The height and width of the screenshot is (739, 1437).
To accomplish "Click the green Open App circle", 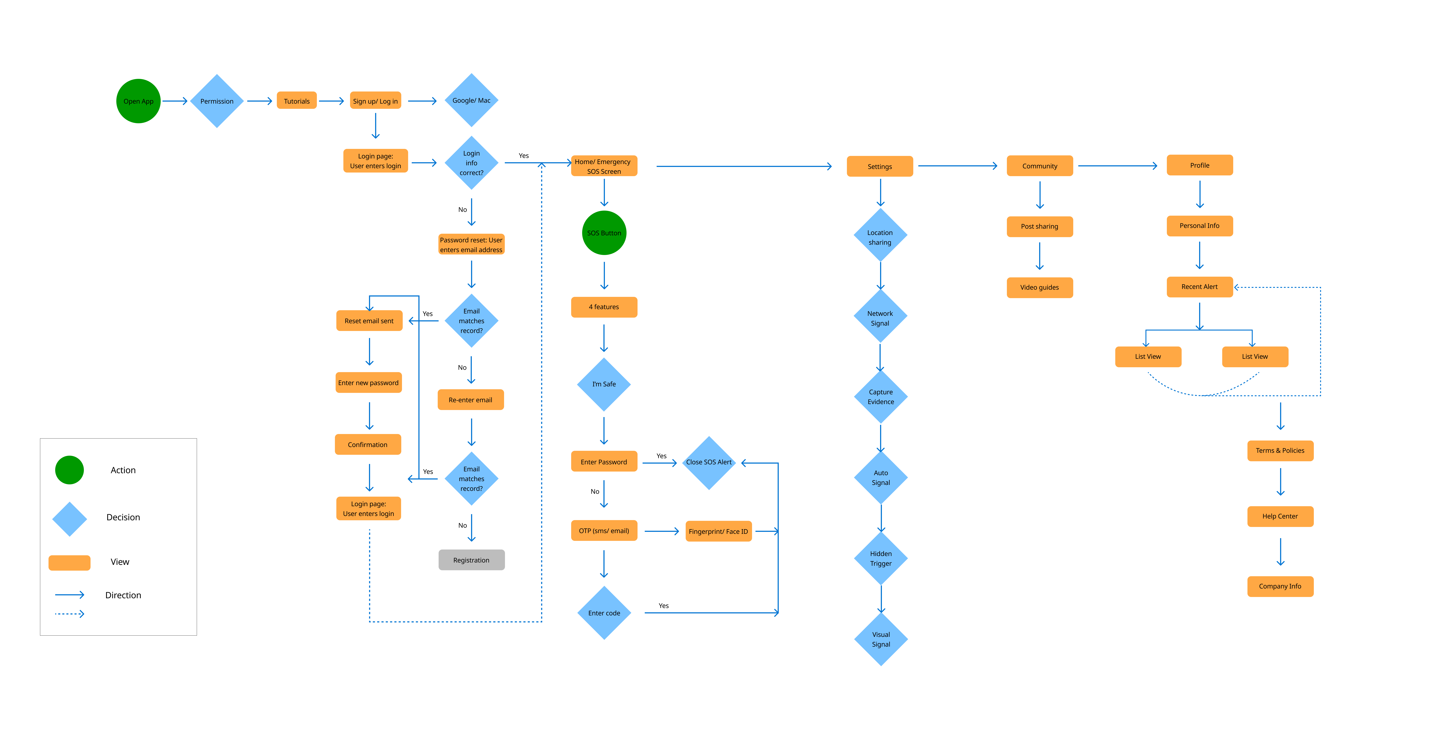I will click(x=138, y=101).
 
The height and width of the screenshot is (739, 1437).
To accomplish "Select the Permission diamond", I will click(x=217, y=101).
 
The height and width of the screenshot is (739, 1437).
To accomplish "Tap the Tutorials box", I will click(x=297, y=101).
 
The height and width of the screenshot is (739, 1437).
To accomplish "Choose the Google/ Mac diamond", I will click(x=471, y=101).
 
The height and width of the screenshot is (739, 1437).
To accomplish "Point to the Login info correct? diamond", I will click(x=471, y=163).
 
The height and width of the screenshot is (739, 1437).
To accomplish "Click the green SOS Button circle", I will click(x=604, y=233).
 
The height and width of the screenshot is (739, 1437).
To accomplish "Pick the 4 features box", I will click(x=604, y=307).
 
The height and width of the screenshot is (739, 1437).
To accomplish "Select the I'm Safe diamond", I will click(x=604, y=384).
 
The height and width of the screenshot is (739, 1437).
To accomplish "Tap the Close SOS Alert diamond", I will click(x=709, y=462).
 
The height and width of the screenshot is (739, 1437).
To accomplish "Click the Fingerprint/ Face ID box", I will click(x=718, y=531).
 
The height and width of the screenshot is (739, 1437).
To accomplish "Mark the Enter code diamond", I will click(x=604, y=613).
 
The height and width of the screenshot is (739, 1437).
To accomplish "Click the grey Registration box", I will click(x=471, y=560).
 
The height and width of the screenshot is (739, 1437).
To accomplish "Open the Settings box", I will click(x=880, y=166).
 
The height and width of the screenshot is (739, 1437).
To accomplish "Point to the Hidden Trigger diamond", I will click(x=881, y=558).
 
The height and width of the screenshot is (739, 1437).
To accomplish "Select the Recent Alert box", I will click(x=1199, y=287).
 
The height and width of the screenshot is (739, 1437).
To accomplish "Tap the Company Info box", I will click(x=1280, y=586).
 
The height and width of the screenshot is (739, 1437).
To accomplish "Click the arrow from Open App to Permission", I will click(x=175, y=101).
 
